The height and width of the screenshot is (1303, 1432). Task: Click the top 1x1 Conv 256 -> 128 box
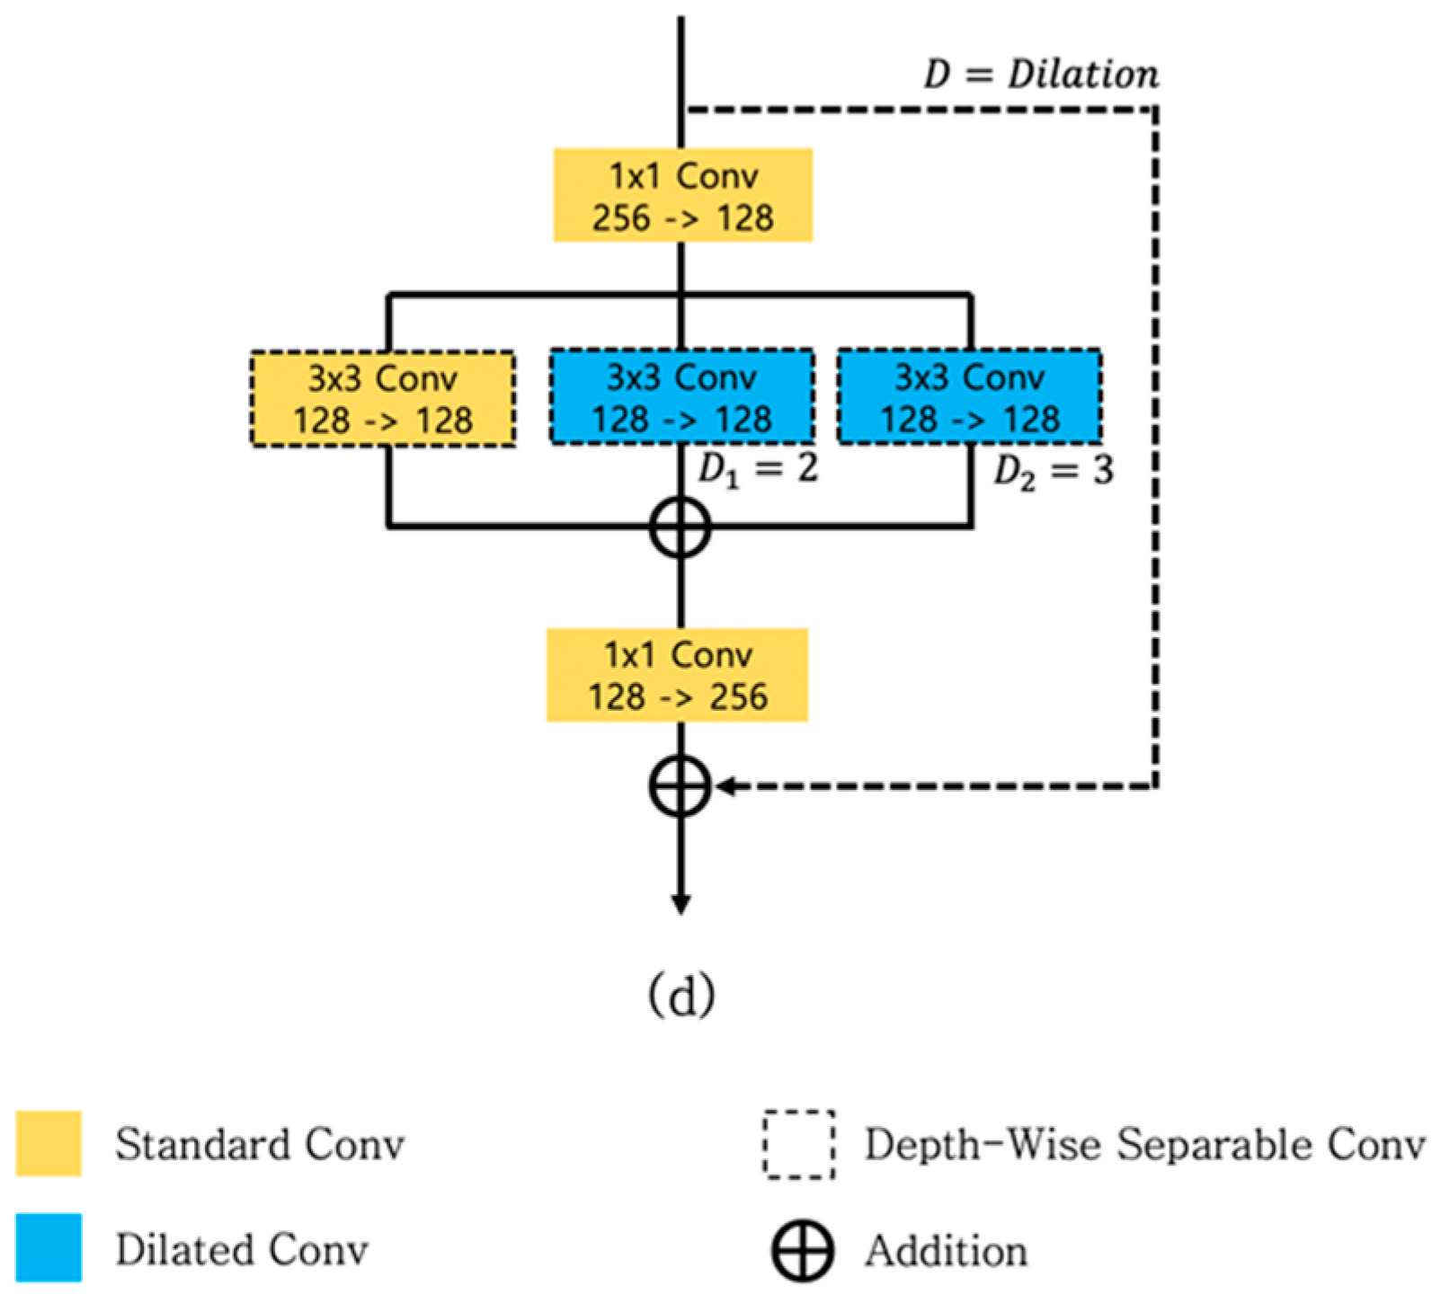(x=682, y=195)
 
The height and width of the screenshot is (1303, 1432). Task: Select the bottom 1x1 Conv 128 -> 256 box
(x=677, y=675)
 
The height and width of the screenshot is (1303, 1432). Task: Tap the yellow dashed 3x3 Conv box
(x=383, y=398)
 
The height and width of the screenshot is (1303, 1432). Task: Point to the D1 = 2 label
(x=758, y=469)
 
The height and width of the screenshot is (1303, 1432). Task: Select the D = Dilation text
(x=1041, y=75)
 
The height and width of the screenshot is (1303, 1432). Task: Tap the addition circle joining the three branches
(x=680, y=527)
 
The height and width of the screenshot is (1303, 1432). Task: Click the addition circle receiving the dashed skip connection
(x=680, y=786)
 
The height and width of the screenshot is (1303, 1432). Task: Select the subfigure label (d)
(x=681, y=995)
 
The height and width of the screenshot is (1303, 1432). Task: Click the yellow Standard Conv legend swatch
(x=49, y=1143)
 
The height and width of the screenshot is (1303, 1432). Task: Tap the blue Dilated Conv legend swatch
(x=49, y=1247)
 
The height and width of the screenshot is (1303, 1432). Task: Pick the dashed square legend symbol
(x=798, y=1144)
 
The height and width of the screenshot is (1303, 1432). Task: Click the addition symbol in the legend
(x=802, y=1250)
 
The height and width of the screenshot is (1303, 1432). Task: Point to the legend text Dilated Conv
(x=241, y=1249)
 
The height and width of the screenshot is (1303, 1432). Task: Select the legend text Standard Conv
(x=259, y=1145)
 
